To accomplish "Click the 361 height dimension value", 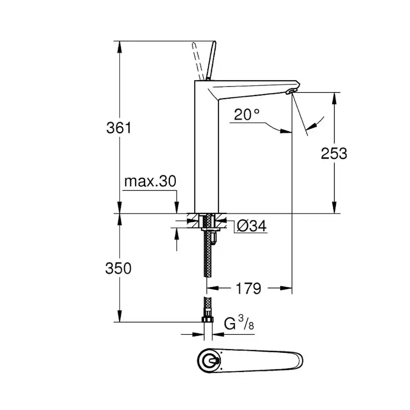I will (x=119, y=128).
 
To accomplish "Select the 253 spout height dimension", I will (x=334, y=154).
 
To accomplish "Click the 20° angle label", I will (x=247, y=115).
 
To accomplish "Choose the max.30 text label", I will (x=150, y=181).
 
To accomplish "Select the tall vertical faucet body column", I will (x=206, y=149).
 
